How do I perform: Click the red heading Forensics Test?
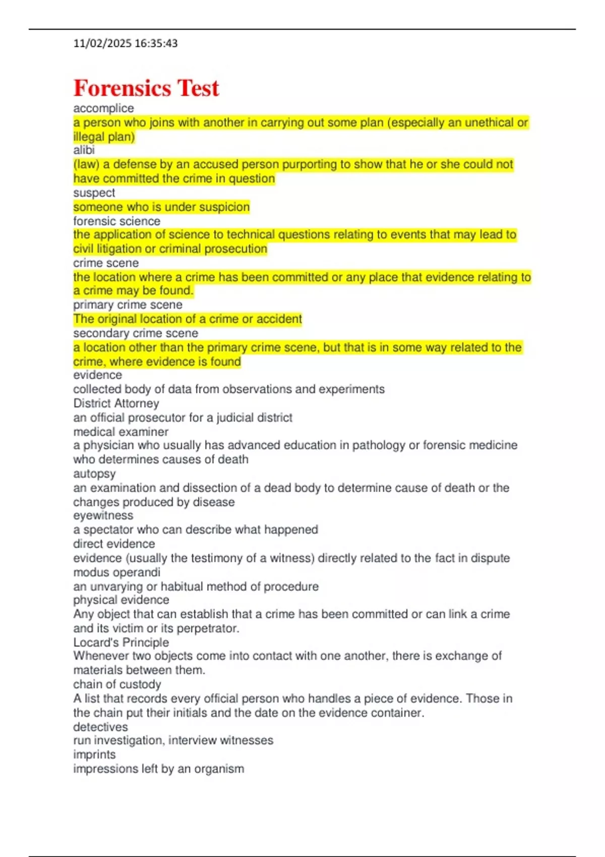146,88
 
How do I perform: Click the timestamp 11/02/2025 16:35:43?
126,43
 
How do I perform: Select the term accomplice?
103,108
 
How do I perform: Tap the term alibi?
84,150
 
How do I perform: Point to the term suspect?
94,193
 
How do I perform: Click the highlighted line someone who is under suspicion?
161,207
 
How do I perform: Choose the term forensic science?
116,221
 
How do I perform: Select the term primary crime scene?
128,304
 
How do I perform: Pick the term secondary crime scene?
136,333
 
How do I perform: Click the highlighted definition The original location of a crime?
188,319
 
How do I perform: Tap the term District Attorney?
116,403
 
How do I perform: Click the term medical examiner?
120,432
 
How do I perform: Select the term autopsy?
94,474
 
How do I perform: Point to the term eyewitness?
103,515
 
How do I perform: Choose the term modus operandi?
116,572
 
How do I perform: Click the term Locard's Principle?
121,642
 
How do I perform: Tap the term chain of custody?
117,684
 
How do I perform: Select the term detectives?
100,727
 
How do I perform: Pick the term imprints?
94,755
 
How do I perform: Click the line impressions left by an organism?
158,769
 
